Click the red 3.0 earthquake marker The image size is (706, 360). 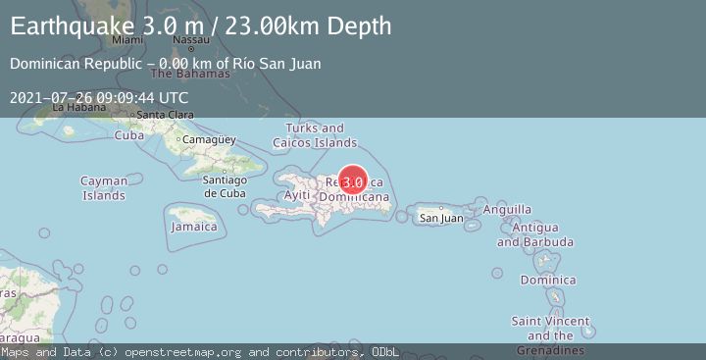(353, 181)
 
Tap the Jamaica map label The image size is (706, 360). (193, 227)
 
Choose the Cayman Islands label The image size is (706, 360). (103, 188)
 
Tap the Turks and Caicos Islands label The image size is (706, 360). (315, 135)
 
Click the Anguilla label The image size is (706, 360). (508, 209)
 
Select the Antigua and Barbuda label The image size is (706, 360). (535, 235)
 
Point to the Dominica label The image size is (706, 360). (548, 281)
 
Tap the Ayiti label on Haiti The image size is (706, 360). (296, 195)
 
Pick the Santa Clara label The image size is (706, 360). (164, 115)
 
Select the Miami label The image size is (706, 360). (127, 40)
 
